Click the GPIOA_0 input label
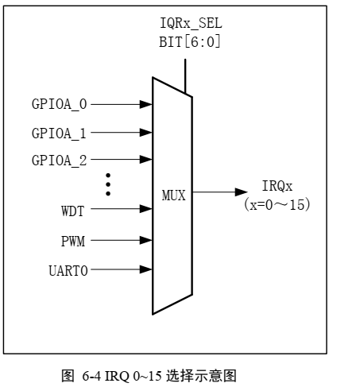click(59, 104)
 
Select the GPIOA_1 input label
click(59, 134)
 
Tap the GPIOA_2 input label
click(59, 161)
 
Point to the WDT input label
click(73, 211)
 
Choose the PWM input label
click(73, 241)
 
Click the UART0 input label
click(68, 271)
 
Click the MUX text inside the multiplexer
click(174, 195)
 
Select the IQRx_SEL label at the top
click(191, 23)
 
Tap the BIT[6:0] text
click(190, 41)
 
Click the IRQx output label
click(277, 186)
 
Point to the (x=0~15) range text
click(277, 204)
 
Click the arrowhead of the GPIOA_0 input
click(146, 104)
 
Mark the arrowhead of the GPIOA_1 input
click(146, 132)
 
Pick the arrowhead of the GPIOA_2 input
click(146, 160)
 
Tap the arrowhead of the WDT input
click(146, 209)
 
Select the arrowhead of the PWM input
click(146, 240)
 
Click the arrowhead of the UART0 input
click(146, 269)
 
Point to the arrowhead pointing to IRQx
click(242, 192)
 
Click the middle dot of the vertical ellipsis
click(108, 184)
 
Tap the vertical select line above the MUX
click(185, 76)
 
